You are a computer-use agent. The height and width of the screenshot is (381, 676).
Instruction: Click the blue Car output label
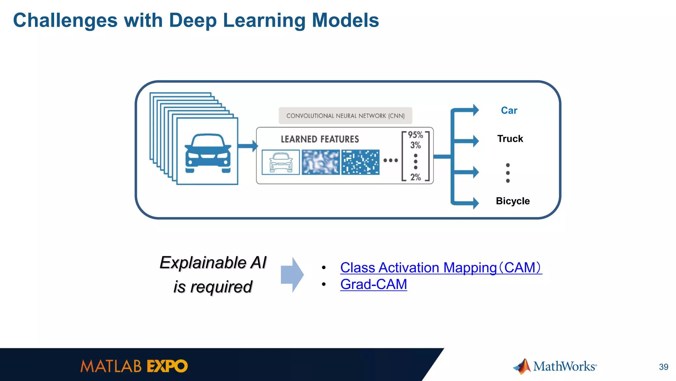(x=509, y=111)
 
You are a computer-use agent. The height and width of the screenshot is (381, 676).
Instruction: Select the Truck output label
(x=510, y=139)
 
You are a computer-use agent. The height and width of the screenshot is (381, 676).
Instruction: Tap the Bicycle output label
(x=513, y=201)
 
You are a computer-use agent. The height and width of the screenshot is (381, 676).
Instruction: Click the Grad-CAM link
(x=374, y=284)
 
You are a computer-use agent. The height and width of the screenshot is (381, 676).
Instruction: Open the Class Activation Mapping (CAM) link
(x=441, y=268)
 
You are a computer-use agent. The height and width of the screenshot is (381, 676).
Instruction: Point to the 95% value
(x=415, y=135)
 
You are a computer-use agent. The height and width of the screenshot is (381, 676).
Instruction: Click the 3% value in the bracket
(x=416, y=145)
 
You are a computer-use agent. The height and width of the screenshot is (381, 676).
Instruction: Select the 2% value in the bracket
(x=416, y=177)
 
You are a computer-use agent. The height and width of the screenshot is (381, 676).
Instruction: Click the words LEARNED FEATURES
(x=320, y=139)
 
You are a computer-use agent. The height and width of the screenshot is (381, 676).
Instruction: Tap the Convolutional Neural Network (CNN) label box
(x=345, y=116)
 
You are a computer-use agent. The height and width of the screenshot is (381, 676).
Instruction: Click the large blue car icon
(x=208, y=153)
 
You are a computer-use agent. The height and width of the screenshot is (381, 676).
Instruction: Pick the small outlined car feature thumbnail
(x=281, y=162)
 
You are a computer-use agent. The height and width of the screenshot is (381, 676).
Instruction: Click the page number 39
(x=663, y=367)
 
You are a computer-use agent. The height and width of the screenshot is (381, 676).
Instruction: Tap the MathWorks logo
(x=555, y=366)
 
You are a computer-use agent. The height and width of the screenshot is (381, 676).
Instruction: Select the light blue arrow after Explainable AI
(x=292, y=275)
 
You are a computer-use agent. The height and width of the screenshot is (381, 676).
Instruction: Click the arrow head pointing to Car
(x=475, y=110)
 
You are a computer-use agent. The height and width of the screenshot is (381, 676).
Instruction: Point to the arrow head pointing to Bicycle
(x=475, y=203)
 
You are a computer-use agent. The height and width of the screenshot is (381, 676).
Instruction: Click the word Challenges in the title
(x=65, y=20)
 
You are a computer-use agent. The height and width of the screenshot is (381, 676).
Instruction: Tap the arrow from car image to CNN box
(x=247, y=146)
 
